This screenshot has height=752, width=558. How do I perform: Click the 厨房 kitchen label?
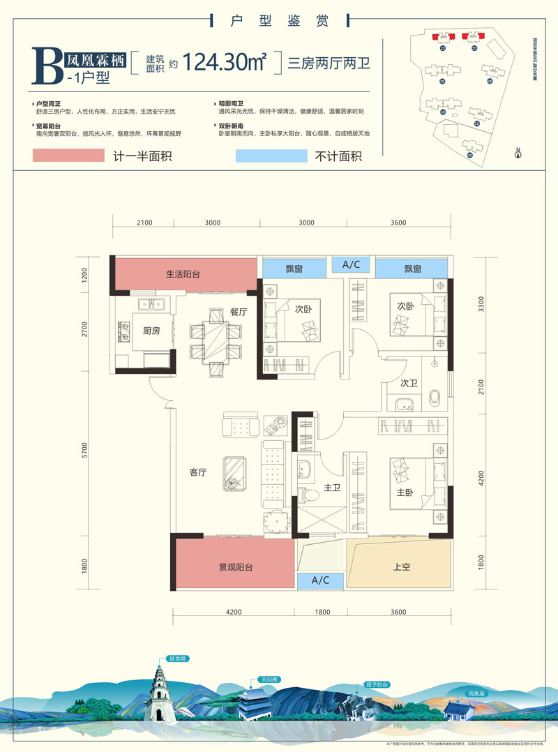pos(151,331)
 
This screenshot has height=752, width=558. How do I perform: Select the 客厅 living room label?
pos(199,472)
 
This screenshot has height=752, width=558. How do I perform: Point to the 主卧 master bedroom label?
pos(405,492)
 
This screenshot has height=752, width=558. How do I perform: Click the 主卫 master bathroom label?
pos(332,488)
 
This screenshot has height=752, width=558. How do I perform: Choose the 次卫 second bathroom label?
pos(409,383)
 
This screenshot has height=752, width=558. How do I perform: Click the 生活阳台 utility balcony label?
pos(183,274)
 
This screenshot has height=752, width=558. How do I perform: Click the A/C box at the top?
pos(350,265)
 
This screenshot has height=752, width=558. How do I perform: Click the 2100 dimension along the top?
pos(144,223)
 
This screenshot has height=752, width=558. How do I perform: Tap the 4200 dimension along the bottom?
pos(233,612)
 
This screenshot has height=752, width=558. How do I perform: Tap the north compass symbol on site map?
pos(518,153)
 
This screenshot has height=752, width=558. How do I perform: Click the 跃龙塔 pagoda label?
pos(179,659)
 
